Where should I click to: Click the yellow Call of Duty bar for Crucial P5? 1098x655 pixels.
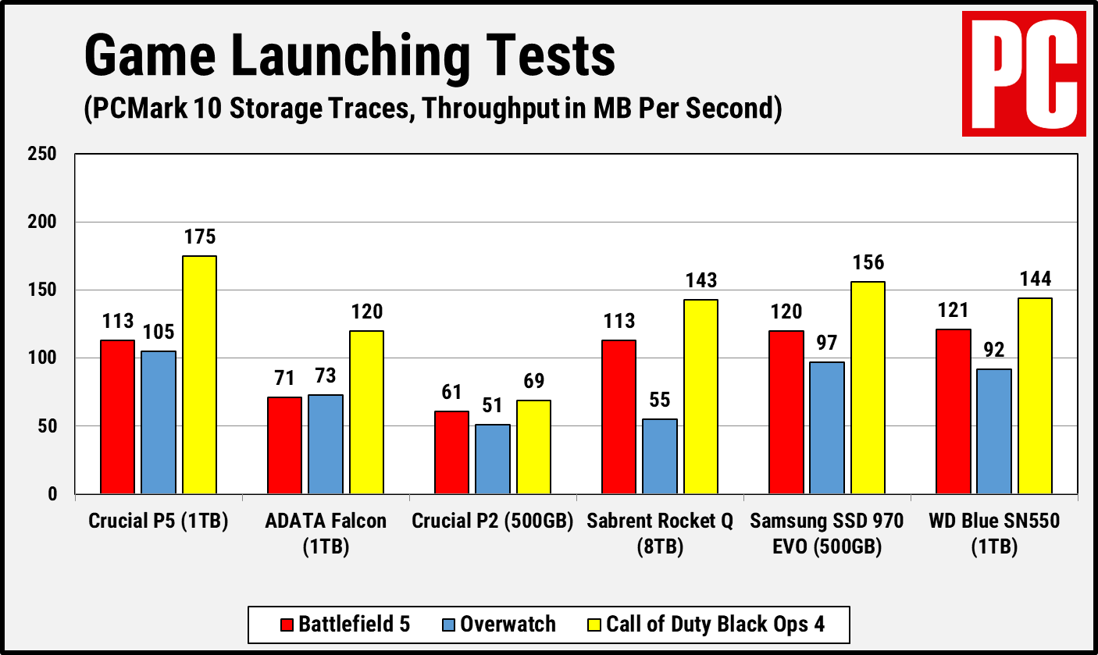coord(199,375)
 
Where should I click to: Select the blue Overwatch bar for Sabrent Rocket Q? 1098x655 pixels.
coord(660,456)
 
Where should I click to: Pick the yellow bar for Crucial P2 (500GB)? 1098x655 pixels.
coord(533,447)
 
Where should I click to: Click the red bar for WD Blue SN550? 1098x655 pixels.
coord(954,411)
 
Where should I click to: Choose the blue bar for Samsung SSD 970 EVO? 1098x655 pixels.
coord(827,428)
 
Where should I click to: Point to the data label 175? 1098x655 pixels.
coord(199,237)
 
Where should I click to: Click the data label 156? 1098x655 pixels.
coord(868,263)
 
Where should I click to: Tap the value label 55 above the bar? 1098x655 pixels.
coord(660,401)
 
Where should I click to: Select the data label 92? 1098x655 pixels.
coord(994,351)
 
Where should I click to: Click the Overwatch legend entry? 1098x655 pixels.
coord(499,625)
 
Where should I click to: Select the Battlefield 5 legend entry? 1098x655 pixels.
coord(344,625)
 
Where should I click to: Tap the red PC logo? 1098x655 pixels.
coord(1023,73)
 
